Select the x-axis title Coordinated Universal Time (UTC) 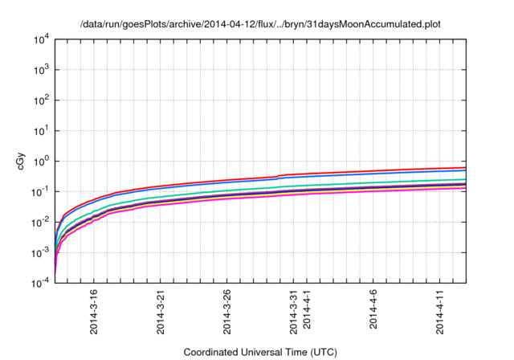click(x=260, y=352)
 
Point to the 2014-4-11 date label click(x=439, y=312)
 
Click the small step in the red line click(x=278, y=175)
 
